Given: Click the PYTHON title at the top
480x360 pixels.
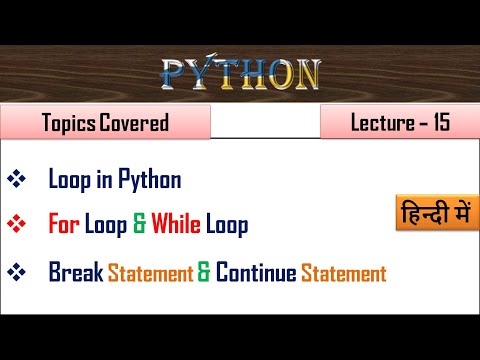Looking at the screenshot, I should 241,74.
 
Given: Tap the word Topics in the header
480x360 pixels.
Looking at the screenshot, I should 70,125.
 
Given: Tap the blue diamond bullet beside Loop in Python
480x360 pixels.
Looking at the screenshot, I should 16,180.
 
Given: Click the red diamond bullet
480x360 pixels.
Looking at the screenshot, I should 16,225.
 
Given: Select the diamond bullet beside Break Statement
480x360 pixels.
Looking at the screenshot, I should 16,272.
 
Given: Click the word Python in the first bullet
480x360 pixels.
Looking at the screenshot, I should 150,181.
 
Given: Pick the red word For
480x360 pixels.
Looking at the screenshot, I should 64,225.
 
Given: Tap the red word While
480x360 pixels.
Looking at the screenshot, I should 176,225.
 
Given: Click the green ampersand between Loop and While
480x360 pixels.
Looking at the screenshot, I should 138,225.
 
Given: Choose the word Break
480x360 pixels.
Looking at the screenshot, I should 75,272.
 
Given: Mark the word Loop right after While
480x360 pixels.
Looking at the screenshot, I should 226,225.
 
